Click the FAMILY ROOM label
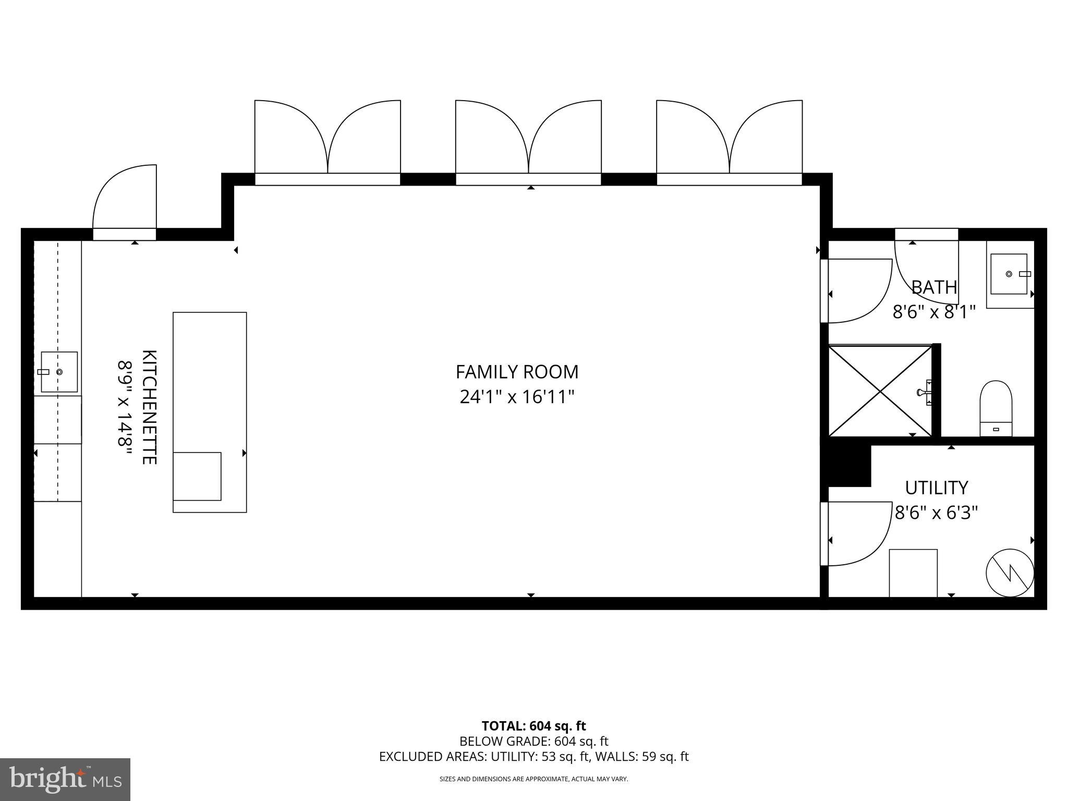tap(517, 372)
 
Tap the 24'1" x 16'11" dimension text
tap(517, 397)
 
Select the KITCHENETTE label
tap(149, 407)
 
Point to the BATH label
tap(934, 287)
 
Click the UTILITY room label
tap(936, 488)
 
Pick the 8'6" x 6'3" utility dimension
tap(936, 513)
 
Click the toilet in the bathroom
tap(996, 407)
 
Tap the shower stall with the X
tap(880, 390)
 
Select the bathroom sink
tap(1009, 274)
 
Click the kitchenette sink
tap(59, 372)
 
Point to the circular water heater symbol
tap(1010, 573)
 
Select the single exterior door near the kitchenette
tap(125, 203)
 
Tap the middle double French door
tap(528, 141)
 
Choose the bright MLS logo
tap(65, 779)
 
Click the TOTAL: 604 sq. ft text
tap(533, 726)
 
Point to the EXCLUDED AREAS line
tap(533, 757)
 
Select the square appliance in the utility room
tap(913, 573)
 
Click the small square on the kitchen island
tap(197, 476)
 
